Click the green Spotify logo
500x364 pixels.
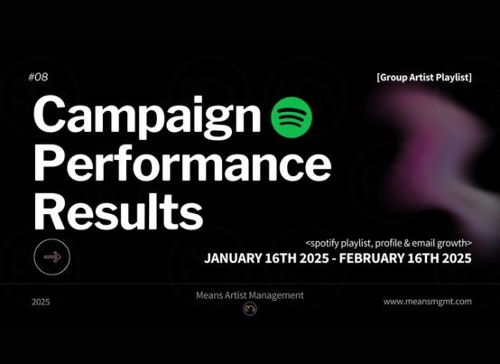[x=292, y=117]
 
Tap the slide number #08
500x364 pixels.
[x=38, y=77]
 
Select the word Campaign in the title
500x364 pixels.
[x=147, y=117]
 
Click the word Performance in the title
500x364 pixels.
[x=182, y=163]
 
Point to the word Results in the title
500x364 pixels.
[x=118, y=211]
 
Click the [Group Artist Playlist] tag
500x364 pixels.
[x=424, y=78]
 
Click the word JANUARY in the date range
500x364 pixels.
[x=233, y=258]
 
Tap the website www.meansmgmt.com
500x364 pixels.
[x=427, y=302]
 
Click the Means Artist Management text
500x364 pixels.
[x=250, y=295]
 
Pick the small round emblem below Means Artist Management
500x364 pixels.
[x=250, y=309]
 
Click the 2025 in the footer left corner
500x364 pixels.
[x=41, y=302]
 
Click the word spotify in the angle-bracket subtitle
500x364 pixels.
[x=324, y=244]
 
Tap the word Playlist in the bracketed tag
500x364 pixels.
[x=453, y=78]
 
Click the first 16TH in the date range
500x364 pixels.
[x=281, y=258]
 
